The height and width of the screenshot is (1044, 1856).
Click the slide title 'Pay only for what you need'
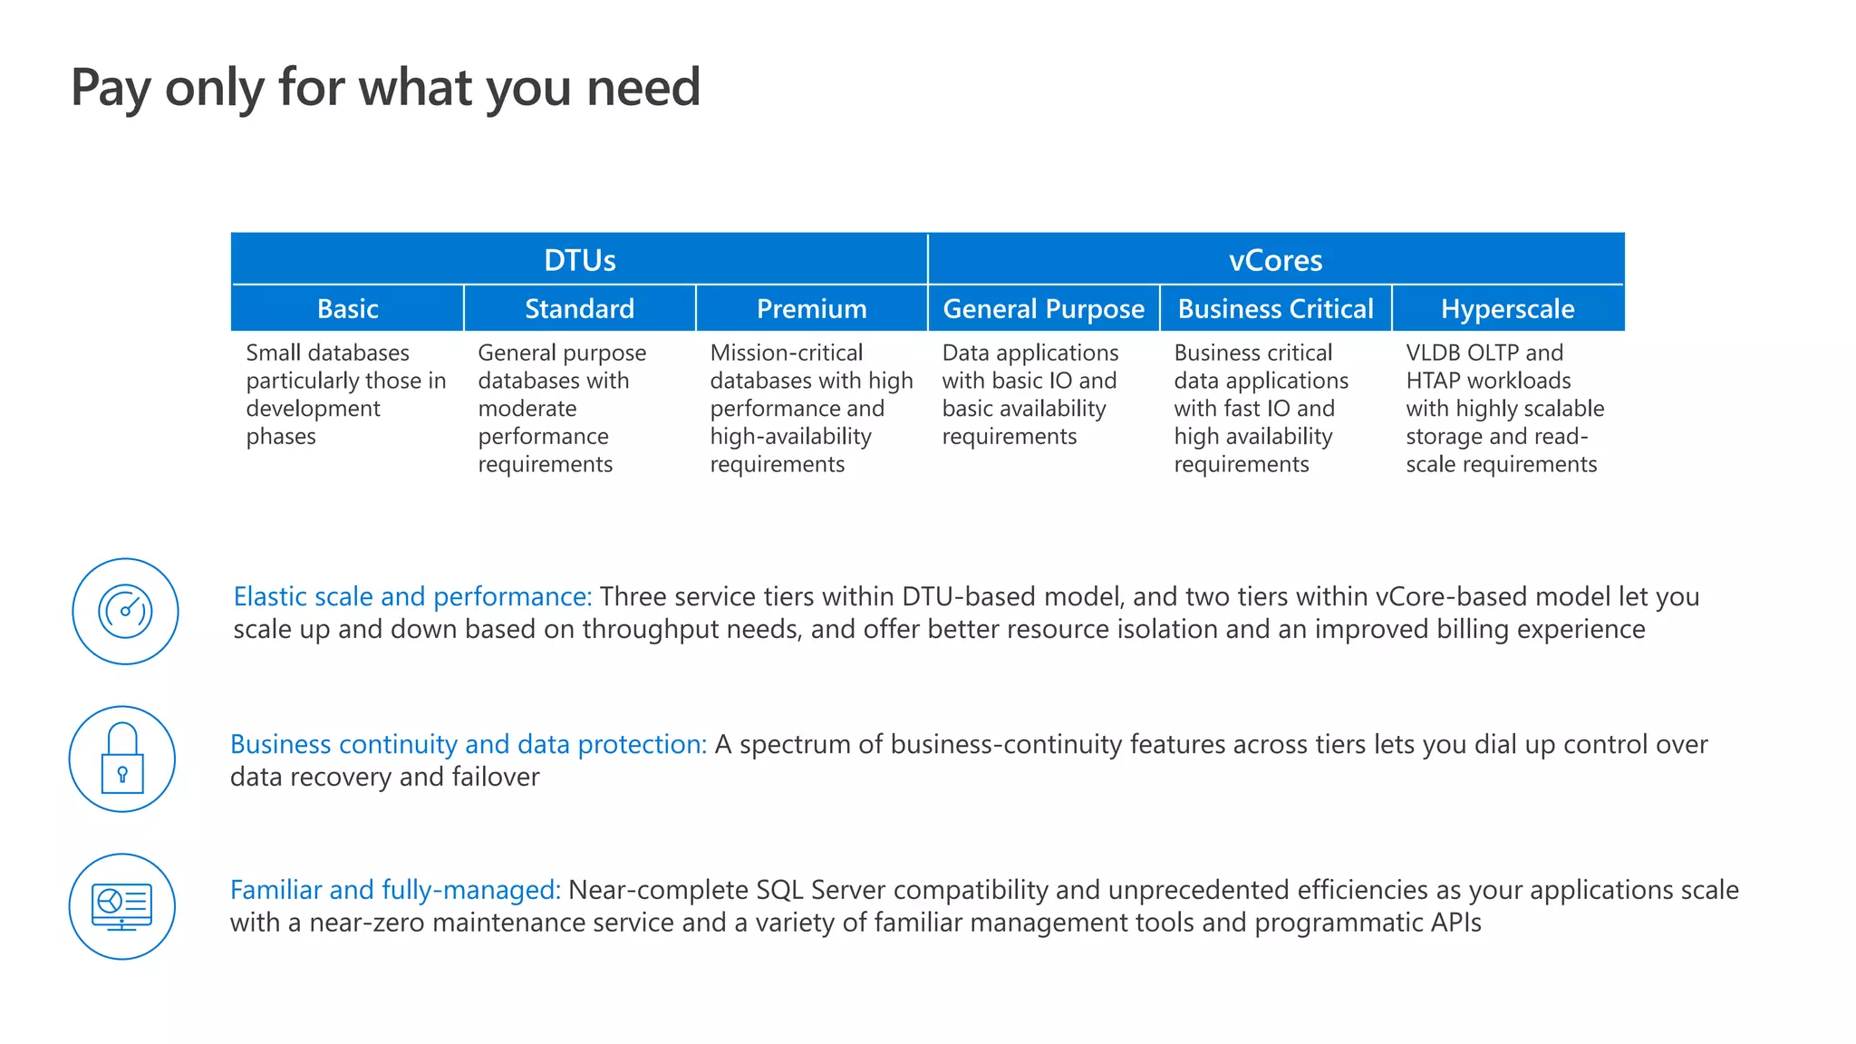pyautogui.click(x=385, y=88)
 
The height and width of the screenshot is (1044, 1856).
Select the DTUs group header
pyautogui.click(x=579, y=260)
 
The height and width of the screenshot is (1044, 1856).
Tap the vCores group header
pyautogui.click(x=1275, y=260)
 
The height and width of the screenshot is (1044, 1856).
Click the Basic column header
pyautogui.click(x=347, y=309)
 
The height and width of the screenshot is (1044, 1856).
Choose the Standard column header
pyautogui.click(x=579, y=309)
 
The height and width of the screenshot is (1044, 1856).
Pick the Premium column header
pyautogui.click(x=811, y=309)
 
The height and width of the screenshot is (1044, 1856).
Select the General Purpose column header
pyautogui.click(x=1043, y=309)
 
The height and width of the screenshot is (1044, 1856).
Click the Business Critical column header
pyautogui.click(x=1275, y=309)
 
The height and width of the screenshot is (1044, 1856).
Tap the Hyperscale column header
pyautogui.click(x=1507, y=309)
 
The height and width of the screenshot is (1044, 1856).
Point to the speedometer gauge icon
pyautogui.click(x=125, y=611)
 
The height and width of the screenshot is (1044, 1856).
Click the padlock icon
pyautogui.click(x=122, y=759)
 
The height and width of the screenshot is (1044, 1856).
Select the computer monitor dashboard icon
pyautogui.click(x=122, y=906)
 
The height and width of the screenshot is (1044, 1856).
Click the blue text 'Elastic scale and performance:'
pyautogui.click(x=412, y=596)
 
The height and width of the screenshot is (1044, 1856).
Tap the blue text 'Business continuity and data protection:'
pyautogui.click(x=468, y=744)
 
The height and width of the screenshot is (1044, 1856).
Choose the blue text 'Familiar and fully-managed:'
pyautogui.click(x=395, y=890)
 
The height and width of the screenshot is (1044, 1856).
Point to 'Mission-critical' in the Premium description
pyautogui.click(x=786, y=353)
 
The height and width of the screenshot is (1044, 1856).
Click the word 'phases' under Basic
pyautogui.click(x=281, y=437)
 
